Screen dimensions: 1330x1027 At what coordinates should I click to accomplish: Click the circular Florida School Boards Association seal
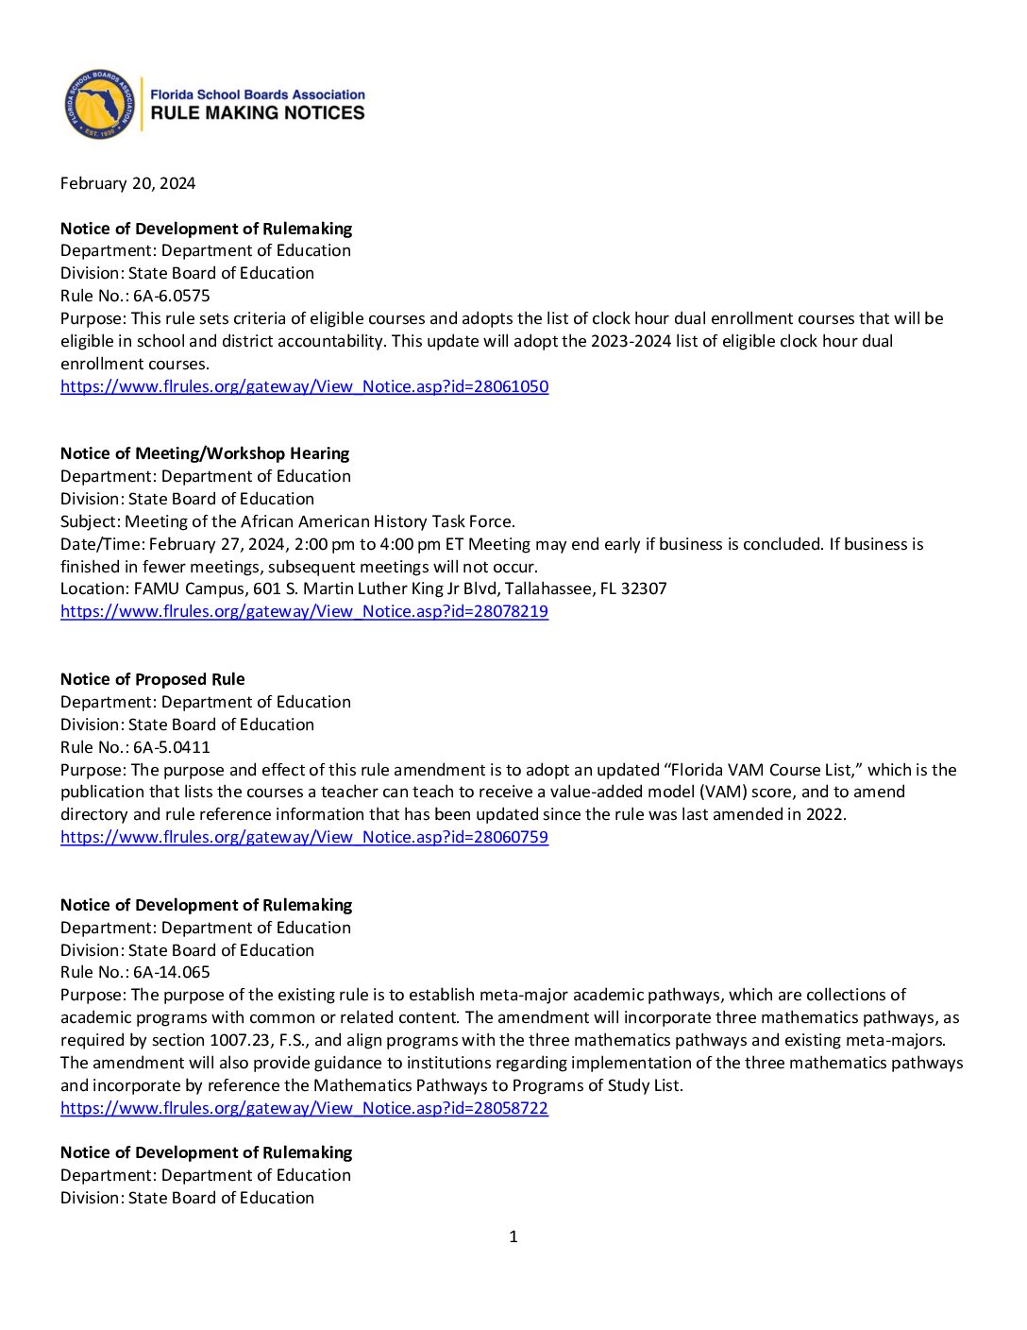coord(99,104)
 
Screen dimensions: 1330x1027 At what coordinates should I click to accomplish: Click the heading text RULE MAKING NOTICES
coord(258,113)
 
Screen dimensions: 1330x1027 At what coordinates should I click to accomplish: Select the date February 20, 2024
coord(127,183)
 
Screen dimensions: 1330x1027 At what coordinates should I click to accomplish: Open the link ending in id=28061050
coord(304,386)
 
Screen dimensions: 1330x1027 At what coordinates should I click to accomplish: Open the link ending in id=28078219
coord(304,611)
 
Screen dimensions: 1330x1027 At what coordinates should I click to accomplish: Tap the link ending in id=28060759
coord(304,837)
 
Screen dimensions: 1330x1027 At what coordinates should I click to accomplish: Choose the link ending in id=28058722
coord(304,1108)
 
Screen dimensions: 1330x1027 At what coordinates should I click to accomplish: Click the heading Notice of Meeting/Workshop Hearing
coord(205,453)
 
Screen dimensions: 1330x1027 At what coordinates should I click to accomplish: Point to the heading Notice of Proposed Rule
coord(152,679)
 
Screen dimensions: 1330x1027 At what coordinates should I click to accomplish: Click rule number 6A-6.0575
coord(172,296)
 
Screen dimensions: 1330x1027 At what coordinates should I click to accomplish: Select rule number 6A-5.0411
coord(172,747)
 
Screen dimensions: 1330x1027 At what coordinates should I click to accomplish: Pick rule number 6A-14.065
coord(172,972)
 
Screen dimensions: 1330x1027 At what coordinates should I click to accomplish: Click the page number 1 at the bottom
coord(513,1236)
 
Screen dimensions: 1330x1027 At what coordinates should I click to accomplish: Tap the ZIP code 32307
coord(644,588)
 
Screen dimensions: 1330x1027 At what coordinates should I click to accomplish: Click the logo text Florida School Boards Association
coord(258,94)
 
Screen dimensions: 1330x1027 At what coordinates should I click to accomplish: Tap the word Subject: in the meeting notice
coord(91,521)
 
